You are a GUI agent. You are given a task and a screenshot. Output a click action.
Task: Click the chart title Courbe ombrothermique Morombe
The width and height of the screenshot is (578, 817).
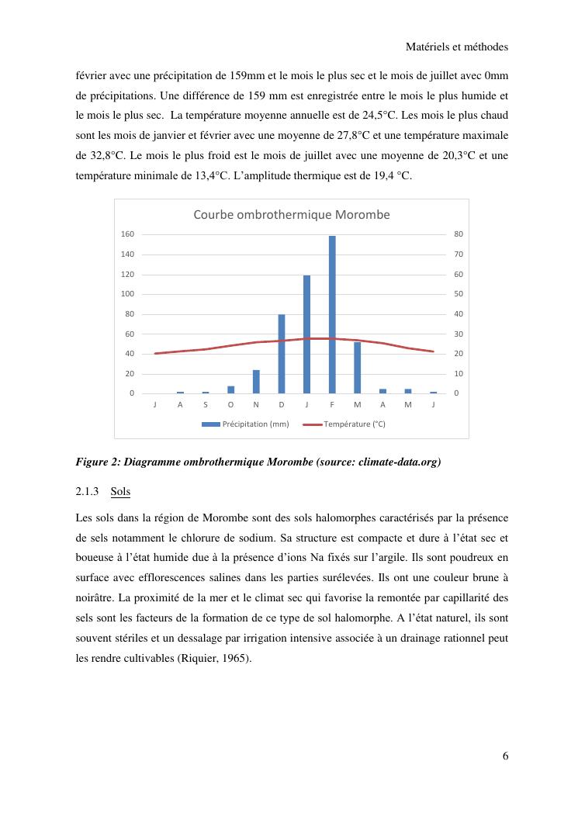(291, 215)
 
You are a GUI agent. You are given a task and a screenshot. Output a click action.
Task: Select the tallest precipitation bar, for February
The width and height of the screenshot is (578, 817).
(332, 314)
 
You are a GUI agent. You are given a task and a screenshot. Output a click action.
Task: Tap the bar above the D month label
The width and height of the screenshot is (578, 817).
(282, 354)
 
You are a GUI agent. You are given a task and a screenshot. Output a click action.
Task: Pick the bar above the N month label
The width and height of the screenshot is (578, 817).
(256, 382)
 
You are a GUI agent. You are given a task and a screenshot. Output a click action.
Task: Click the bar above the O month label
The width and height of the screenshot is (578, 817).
(230, 389)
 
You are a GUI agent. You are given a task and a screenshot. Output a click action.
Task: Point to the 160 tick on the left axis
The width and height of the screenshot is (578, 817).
(128, 234)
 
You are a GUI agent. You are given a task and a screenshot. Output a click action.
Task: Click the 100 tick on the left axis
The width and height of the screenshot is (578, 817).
(128, 294)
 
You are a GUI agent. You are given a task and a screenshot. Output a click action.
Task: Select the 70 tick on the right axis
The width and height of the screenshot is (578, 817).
(457, 254)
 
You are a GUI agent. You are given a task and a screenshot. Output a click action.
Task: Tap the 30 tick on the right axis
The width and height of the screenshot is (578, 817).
(457, 334)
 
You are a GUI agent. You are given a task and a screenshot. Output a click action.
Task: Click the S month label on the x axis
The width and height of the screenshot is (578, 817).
(206, 404)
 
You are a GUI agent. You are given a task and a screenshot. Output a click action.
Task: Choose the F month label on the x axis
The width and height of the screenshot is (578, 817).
(332, 404)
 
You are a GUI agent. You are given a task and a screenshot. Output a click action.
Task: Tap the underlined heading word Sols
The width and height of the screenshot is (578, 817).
(120, 491)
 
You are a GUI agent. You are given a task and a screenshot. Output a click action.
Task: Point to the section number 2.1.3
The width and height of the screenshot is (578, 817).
(88, 491)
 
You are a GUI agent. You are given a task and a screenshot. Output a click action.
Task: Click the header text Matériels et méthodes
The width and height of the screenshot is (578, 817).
(457, 47)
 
